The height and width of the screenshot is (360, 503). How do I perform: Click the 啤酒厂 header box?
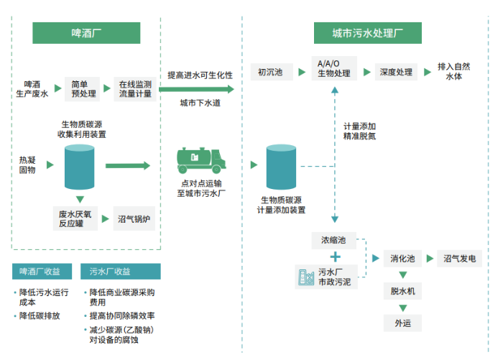click(86, 33)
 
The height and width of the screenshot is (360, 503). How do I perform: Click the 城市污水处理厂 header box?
click(367, 33)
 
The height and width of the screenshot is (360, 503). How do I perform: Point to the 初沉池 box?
click(270, 72)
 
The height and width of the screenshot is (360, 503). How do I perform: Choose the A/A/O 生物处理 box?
click(334, 69)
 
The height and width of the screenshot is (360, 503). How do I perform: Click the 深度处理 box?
click(395, 72)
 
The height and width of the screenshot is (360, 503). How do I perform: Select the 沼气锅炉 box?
click(136, 218)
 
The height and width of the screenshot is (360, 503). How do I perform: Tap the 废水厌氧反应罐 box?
click(75, 218)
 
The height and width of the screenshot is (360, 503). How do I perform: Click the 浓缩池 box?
click(333, 239)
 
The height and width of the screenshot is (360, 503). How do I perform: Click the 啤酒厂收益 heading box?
click(45, 272)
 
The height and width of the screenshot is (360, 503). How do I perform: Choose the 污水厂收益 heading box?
click(120, 272)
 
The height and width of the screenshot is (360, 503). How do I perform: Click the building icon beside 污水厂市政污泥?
click(305, 277)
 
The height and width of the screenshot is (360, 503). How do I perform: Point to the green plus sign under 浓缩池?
click(334, 257)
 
